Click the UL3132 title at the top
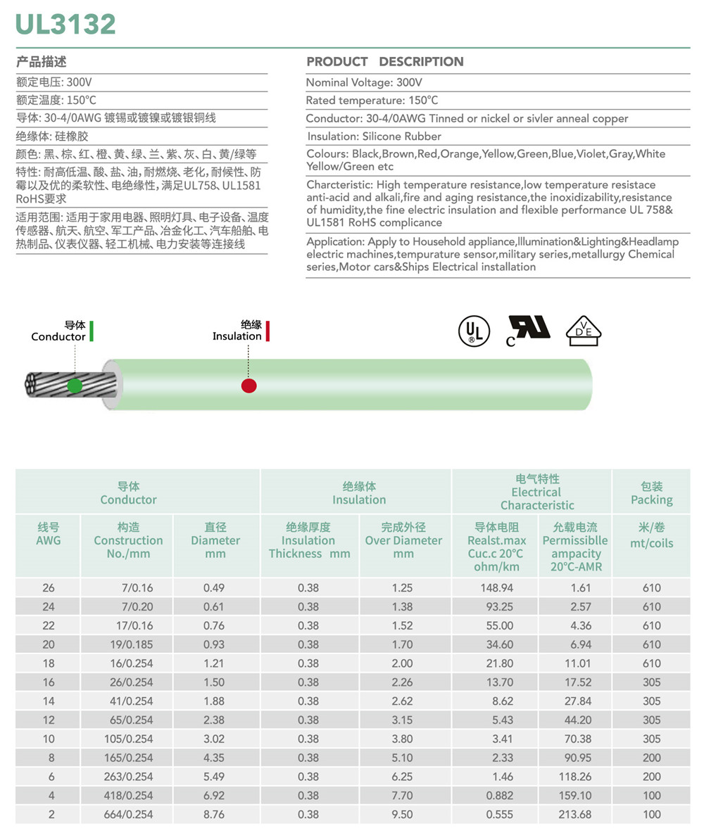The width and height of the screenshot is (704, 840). pyautogui.click(x=66, y=24)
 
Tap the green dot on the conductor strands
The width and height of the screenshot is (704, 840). pyautogui.click(x=74, y=385)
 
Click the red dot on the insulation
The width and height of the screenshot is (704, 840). pyautogui.click(x=249, y=386)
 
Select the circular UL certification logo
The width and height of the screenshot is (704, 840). pyautogui.click(x=474, y=329)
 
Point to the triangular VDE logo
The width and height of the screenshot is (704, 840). pyautogui.click(x=584, y=329)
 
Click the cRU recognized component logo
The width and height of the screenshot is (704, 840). pyautogui.click(x=528, y=329)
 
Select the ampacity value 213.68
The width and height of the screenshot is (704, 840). pyautogui.click(x=574, y=814)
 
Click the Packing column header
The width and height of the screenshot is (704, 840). pyautogui.click(x=651, y=493)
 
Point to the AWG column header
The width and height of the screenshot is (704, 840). pyautogui.click(x=48, y=534)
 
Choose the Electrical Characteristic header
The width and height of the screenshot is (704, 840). pyautogui.click(x=536, y=492)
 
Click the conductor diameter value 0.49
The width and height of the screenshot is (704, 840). pyautogui.click(x=213, y=588)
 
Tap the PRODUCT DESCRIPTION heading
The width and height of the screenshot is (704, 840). pyautogui.click(x=385, y=62)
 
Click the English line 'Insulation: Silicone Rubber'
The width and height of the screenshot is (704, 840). pyautogui.click(x=374, y=136)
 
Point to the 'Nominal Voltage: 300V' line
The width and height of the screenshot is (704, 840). pyautogui.click(x=364, y=83)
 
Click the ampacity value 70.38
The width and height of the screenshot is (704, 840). pyautogui.click(x=574, y=739)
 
